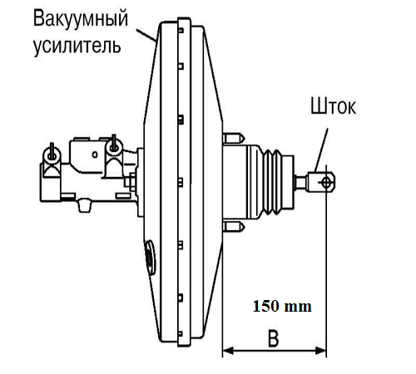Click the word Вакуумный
(x=81, y=18)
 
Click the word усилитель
(x=77, y=45)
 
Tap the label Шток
(x=333, y=106)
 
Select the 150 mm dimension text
(x=282, y=307)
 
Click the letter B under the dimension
(x=274, y=338)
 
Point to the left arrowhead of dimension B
(x=228, y=351)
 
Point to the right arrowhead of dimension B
(x=321, y=351)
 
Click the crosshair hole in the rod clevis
(x=326, y=182)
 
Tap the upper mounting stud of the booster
(x=234, y=138)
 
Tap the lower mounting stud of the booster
(x=234, y=226)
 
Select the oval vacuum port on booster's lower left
(x=150, y=258)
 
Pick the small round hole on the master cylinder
(x=95, y=155)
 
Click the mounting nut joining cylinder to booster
(x=131, y=182)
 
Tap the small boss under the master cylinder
(x=84, y=205)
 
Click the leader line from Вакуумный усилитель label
(x=146, y=35)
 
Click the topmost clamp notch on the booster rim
(x=181, y=30)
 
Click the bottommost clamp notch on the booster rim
(x=181, y=334)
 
